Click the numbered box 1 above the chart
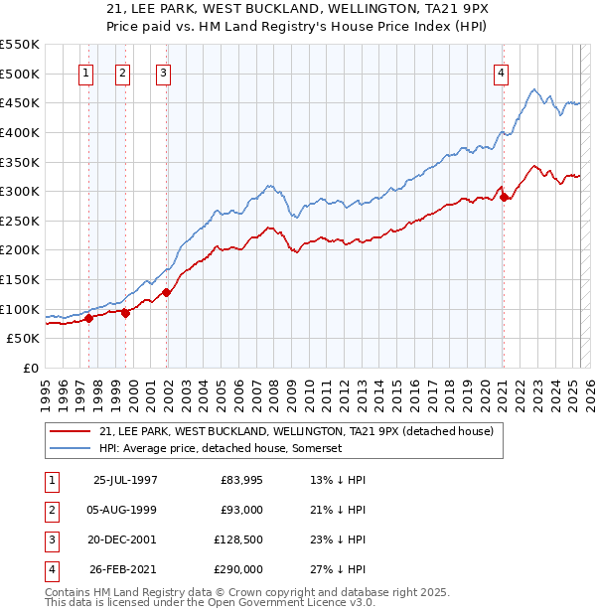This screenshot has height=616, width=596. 86,73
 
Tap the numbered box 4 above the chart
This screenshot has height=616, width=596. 502,73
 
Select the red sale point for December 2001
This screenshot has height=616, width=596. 167,292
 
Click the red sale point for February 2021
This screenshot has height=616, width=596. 504,197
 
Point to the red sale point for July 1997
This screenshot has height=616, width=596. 89,318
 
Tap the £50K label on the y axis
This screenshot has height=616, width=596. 24,339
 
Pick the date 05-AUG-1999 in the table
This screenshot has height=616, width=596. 124,510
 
